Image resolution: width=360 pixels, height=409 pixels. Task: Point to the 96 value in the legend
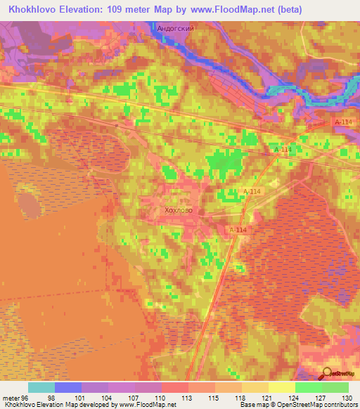pyautogui.click(x=29, y=397)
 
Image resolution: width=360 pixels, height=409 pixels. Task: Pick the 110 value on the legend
pyautogui.click(x=162, y=397)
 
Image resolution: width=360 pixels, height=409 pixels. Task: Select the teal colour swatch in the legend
pyautogui.click(x=41, y=387)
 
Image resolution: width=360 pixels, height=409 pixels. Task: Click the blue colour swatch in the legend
pyautogui.click(x=68, y=387)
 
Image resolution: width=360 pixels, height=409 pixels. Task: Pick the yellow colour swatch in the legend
pyautogui.click(x=282, y=387)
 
